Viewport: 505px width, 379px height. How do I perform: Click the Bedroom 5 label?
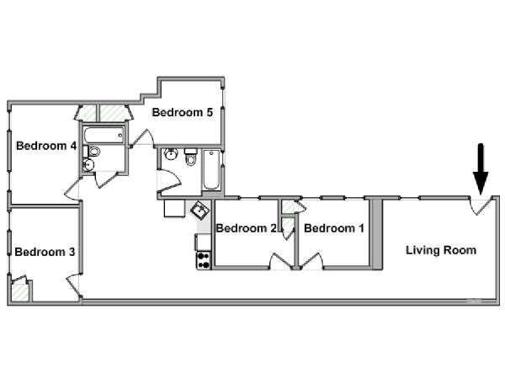[x=183, y=113]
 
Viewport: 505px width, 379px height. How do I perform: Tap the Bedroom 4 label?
[x=46, y=146]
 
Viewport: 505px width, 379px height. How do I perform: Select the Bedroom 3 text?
[x=45, y=252]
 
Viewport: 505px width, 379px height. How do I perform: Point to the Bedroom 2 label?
[x=247, y=228]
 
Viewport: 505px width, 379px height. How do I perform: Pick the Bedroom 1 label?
[x=334, y=228]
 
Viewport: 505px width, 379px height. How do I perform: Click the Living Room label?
[x=441, y=250]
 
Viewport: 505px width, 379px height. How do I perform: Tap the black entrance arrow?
[x=481, y=169]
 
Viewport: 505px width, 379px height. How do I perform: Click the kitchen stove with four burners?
[x=204, y=260]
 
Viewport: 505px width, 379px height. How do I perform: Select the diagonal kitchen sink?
[x=200, y=211]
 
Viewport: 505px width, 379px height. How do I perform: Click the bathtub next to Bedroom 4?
[x=104, y=136]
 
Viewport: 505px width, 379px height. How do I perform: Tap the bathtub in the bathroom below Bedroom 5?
[x=211, y=169]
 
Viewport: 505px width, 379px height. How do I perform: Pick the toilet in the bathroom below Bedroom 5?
[x=191, y=157]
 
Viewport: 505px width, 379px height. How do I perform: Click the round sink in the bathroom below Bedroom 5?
[x=171, y=154]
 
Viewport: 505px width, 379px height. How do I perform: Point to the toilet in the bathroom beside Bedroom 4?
[x=93, y=151]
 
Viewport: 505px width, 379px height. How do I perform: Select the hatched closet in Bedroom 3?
[x=19, y=291]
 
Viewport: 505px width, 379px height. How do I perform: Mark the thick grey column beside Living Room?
[x=376, y=234]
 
